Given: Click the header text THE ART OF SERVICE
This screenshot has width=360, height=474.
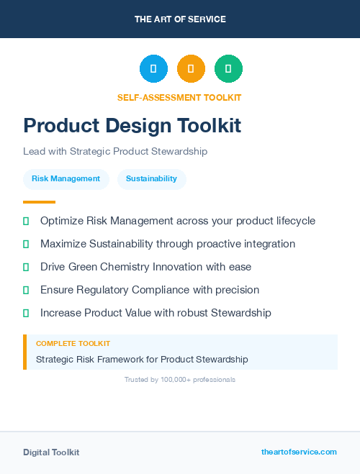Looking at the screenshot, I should pyautogui.click(x=180, y=19).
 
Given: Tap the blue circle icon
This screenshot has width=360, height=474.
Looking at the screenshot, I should pyautogui.click(x=153, y=69).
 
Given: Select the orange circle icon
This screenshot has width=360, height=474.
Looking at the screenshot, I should pyautogui.click(x=191, y=69).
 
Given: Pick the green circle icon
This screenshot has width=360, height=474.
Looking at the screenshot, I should pyautogui.click(x=228, y=69).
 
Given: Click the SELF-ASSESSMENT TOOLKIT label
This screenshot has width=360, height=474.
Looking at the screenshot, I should pyautogui.click(x=180, y=97).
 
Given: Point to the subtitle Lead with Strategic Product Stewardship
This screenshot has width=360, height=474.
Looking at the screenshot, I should pyautogui.click(x=115, y=152).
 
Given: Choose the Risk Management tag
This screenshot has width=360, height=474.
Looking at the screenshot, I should pyautogui.click(x=66, y=179).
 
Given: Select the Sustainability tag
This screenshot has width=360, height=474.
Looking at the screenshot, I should pyautogui.click(x=151, y=179).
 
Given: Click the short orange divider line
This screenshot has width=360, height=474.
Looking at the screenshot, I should pyautogui.click(x=39, y=202).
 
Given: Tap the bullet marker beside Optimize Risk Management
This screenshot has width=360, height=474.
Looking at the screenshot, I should pyautogui.click(x=26, y=221).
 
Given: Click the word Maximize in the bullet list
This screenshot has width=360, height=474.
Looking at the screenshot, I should pyautogui.click(x=63, y=244).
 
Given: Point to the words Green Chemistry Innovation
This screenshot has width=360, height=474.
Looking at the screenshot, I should pyautogui.click(x=133, y=267).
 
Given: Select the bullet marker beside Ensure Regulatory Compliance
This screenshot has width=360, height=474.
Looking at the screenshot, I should pyautogui.click(x=26, y=290).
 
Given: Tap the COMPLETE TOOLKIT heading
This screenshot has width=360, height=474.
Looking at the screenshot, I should pyautogui.click(x=73, y=344).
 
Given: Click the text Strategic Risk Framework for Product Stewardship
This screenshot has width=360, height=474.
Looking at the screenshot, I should pyautogui.click(x=142, y=359).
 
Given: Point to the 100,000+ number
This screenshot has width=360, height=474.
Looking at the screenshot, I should pyautogui.click(x=180, y=380).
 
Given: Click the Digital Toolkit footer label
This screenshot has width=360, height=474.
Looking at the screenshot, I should pyautogui.click(x=51, y=452).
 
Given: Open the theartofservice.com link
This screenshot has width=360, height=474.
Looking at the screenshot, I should pyautogui.click(x=299, y=452).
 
